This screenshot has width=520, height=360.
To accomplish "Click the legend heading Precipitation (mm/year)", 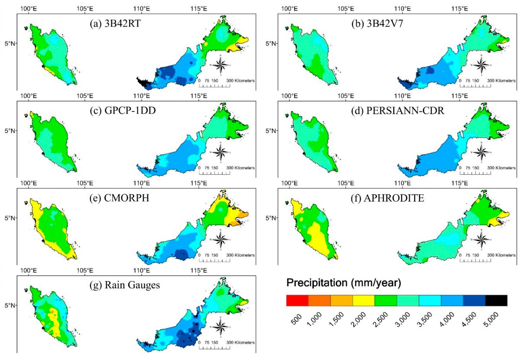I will pos(344,283).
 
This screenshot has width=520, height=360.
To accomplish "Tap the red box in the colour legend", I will pos(297,300).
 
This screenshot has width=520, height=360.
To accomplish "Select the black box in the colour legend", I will pos(496,300).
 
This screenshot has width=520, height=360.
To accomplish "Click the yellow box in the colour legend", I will pos(364,300).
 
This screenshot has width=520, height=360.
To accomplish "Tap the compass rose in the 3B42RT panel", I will pos(221,65).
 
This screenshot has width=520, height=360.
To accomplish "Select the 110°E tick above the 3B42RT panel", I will pos(142,8).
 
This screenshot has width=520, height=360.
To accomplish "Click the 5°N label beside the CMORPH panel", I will pos(10,218).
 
